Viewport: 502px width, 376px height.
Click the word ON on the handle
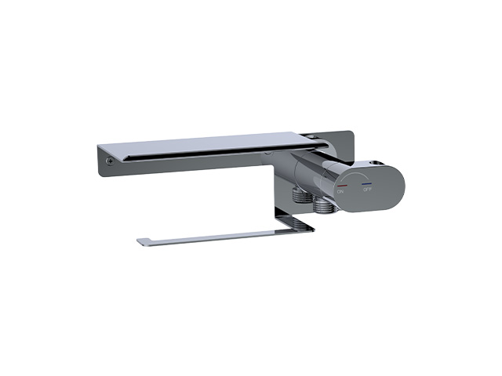[340, 191]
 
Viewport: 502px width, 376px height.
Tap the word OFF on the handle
[367, 190]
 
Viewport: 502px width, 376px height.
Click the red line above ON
[342, 186]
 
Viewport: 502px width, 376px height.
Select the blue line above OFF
[367, 184]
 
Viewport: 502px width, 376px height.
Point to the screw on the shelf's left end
[110, 161]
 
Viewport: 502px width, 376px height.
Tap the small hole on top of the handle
[374, 163]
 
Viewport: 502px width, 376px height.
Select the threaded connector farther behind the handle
[301, 195]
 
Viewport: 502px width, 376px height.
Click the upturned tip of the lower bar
[141, 241]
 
